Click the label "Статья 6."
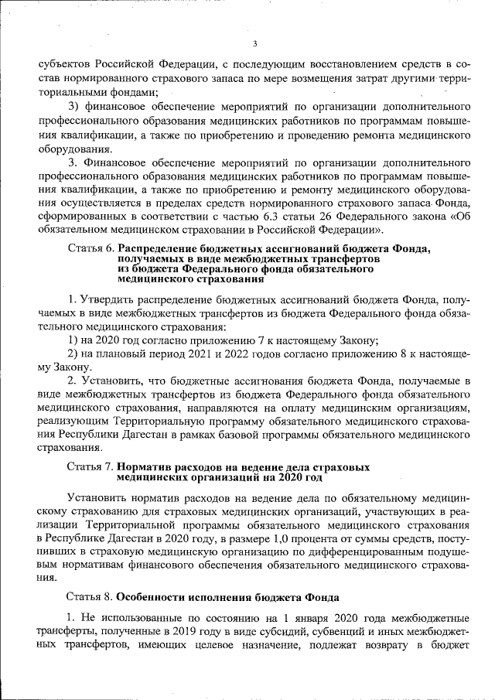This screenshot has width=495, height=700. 91,249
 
